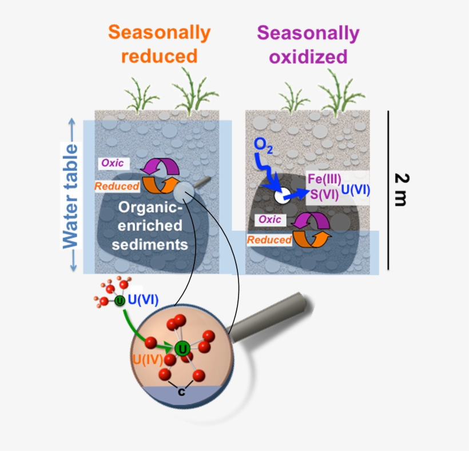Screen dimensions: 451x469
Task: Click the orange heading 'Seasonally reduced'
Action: pyautogui.click(x=159, y=44)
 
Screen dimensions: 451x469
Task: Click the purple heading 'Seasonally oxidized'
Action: pyautogui.click(x=308, y=45)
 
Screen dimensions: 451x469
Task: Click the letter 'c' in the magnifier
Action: pyautogui.click(x=181, y=392)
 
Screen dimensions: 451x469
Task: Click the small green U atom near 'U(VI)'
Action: pyautogui.click(x=120, y=301)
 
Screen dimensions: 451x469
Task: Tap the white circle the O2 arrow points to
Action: pyautogui.click(x=281, y=197)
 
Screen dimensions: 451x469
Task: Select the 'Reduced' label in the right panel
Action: pyautogui.click(x=269, y=240)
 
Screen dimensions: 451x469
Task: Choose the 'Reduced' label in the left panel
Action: pyautogui.click(x=117, y=186)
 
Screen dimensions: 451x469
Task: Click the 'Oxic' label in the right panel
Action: pyautogui.click(x=269, y=219)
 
